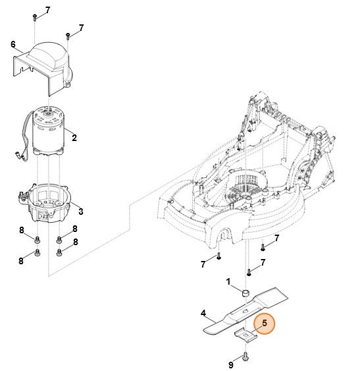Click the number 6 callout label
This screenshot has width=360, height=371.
pos(13,44)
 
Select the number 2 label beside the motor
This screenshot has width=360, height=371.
pos(74,138)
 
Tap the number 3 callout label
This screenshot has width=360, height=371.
pos(81,211)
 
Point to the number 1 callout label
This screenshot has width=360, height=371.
pos(228,281)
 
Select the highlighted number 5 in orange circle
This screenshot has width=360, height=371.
pos(265,324)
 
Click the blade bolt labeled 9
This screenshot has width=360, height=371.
pos(246,357)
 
